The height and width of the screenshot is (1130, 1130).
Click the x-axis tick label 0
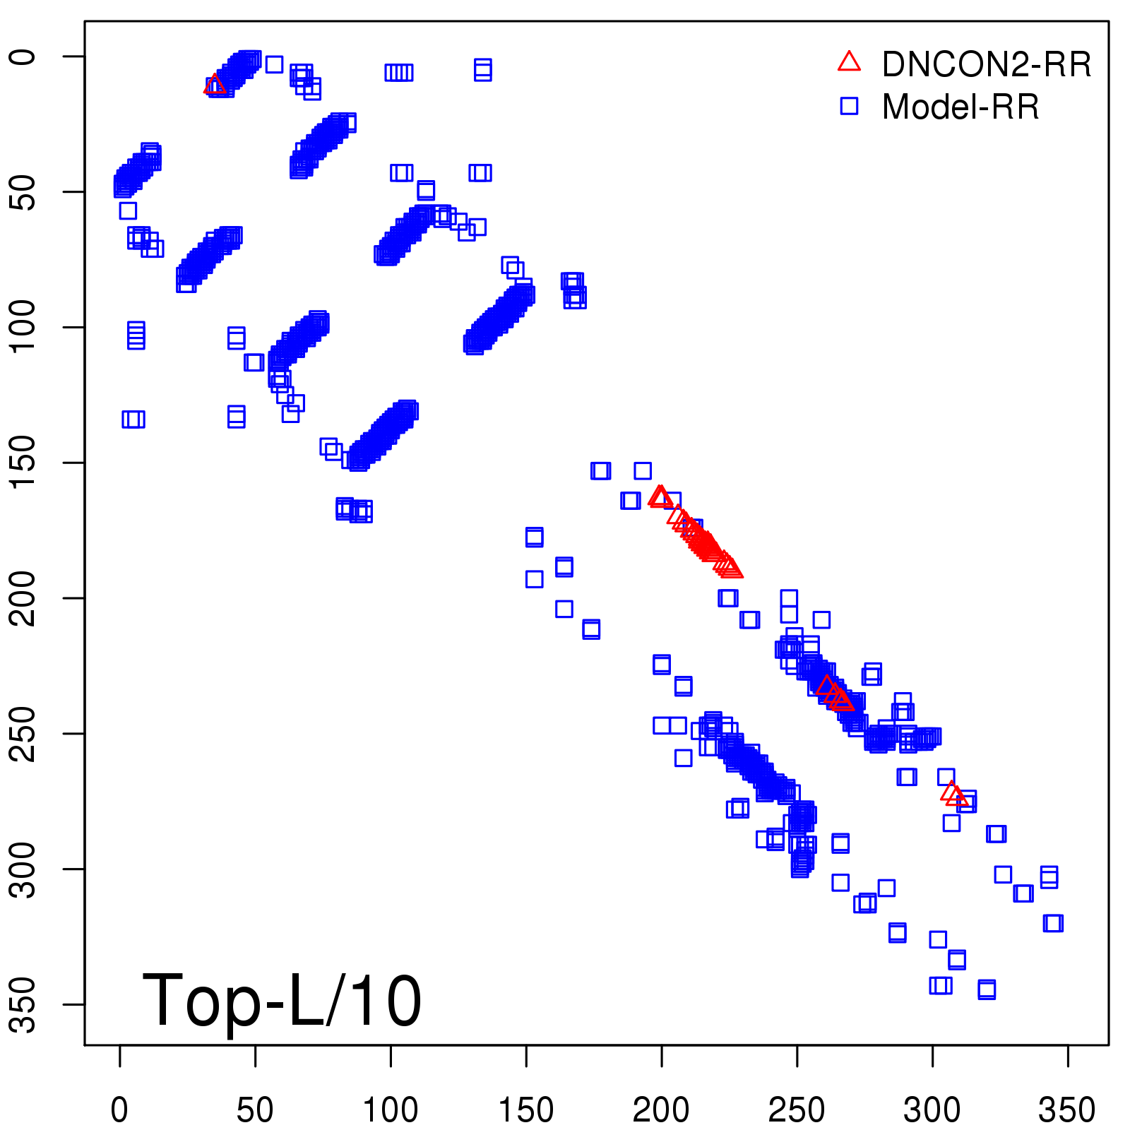tap(119, 1110)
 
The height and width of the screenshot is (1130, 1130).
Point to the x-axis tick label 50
tap(255, 1110)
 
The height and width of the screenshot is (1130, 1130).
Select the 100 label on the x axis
tap(391, 1110)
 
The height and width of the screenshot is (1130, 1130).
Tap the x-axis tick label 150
tap(526, 1110)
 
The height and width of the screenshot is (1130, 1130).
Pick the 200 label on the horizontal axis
tap(661, 1110)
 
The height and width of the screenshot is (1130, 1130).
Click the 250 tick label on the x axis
tap(797, 1110)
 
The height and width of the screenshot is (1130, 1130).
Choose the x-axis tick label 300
tap(932, 1110)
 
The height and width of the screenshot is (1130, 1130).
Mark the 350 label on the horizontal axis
tap(1067, 1110)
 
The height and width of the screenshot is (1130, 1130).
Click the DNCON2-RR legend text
tap(986, 64)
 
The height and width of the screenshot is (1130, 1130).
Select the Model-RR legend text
tap(961, 107)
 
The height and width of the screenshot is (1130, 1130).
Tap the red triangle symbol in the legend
tap(849, 62)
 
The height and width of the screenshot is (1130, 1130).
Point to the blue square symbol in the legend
tap(849, 106)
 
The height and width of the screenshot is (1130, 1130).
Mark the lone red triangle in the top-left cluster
tap(215, 85)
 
